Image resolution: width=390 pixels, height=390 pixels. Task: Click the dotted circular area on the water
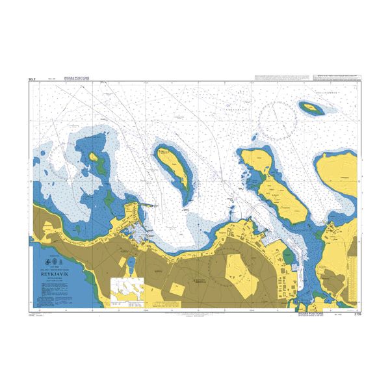[x=278, y=118]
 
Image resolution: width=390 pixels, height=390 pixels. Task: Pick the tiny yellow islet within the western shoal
[x=94, y=157]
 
